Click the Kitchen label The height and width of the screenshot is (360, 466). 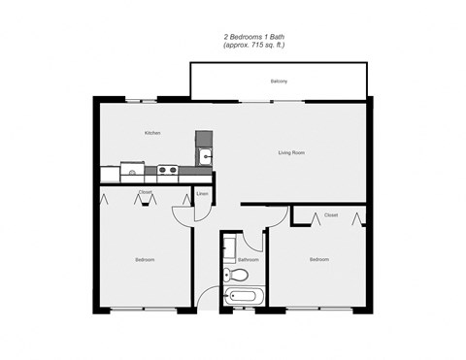click(151, 133)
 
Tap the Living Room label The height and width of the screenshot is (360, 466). click(291, 152)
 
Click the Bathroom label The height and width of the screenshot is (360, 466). click(248, 260)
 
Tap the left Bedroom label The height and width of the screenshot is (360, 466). click(145, 260)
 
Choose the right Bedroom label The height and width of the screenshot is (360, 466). click(319, 260)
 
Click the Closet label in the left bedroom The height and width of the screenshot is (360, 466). click(145, 192)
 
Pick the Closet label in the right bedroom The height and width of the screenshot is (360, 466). click(331, 215)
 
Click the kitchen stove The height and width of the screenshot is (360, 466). click(167, 171)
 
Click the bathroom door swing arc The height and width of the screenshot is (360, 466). click(252, 244)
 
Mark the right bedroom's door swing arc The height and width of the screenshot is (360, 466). click(281, 216)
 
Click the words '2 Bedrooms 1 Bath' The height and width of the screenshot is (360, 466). click(253, 37)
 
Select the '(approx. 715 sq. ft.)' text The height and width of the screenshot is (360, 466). click(253, 46)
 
